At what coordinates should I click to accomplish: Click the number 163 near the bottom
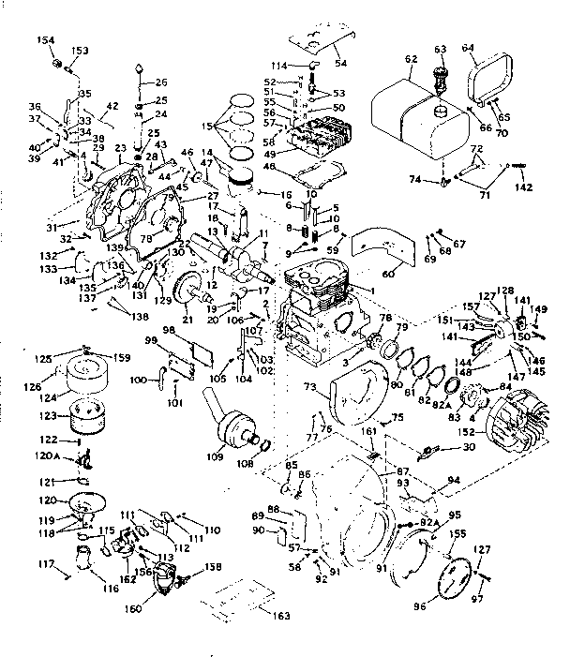(x=280, y=615)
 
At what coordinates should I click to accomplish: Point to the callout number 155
(x=457, y=533)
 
